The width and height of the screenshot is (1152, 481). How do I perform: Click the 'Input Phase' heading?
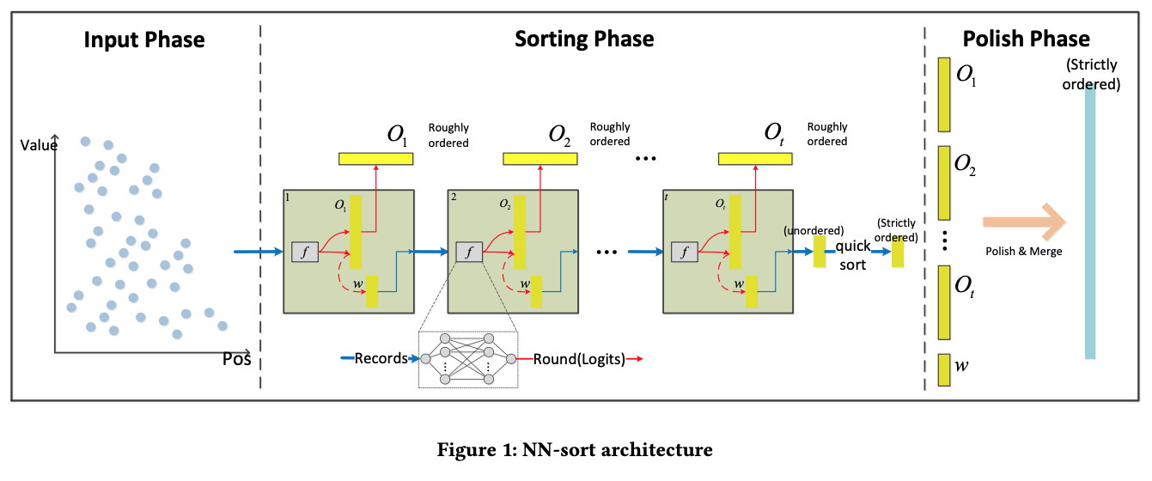coord(144,40)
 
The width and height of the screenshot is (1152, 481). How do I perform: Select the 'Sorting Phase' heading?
coord(584,40)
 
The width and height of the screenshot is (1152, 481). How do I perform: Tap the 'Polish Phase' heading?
coord(1026,40)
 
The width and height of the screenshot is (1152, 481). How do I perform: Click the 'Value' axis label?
coord(39,145)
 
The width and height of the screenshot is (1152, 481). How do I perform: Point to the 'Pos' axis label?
coord(236,359)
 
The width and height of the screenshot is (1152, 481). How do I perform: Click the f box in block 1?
coord(305,253)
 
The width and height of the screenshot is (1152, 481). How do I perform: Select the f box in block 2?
coord(469,253)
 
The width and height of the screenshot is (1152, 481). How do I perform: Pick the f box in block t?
coord(685,253)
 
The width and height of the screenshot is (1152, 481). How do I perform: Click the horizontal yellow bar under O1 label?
coord(375,159)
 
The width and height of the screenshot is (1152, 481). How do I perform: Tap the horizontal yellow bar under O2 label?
coord(539,159)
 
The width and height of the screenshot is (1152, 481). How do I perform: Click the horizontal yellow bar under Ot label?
coord(755,159)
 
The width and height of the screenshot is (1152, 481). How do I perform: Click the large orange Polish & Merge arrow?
coord(1022,223)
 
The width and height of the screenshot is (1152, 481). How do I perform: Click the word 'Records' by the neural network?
coord(381,358)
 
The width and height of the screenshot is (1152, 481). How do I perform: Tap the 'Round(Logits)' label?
coord(578,358)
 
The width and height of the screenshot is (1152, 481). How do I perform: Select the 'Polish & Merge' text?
coord(1023,252)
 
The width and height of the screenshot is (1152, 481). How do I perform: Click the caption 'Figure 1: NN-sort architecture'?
coord(575,449)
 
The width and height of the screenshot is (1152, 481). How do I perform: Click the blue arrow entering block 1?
coord(258,253)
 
